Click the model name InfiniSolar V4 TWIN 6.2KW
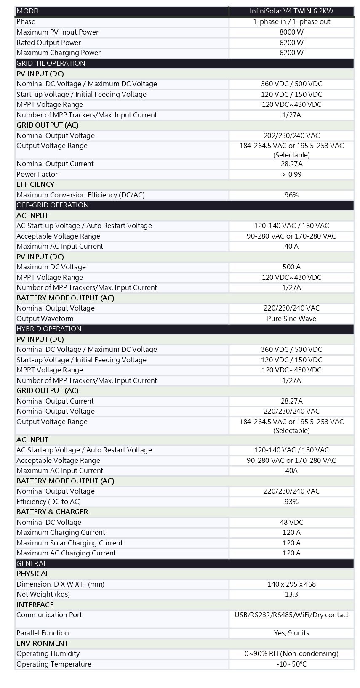[x=291, y=11]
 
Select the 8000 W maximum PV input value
[x=291, y=32]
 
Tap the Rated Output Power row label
[x=48, y=43]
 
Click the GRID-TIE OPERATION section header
[x=51, y=63]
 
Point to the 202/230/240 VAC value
[x=291, y=135]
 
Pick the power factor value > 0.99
[x=291, y=174]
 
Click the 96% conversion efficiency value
[x=291, y=195]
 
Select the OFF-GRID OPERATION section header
[x=52, y=205]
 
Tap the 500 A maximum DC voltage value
[x=291, y=267]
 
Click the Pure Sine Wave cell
[x=291, y=319]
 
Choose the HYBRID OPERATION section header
[x=49, y=329]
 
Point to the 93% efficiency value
[x=291, y=502]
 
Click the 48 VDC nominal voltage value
[x=291, y=522]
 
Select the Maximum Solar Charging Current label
[x=69, y=543]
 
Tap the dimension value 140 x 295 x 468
[x=291, y=584]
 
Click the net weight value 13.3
[x=291, y=594]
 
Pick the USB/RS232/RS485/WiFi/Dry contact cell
[x=291, y=615]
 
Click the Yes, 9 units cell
[x=291, y=633]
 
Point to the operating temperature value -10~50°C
[x=291, y=664]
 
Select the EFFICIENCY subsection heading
[x=35, y=184]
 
